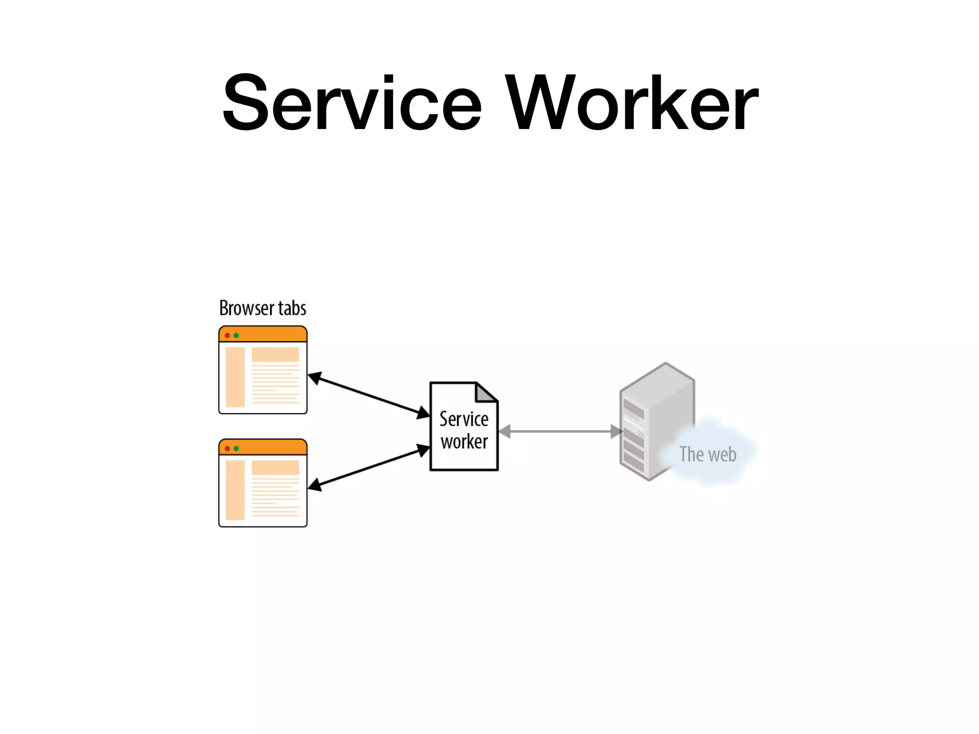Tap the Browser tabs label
point(262,308)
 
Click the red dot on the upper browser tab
point(228,335)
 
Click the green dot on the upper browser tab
point(236,335)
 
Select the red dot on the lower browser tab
point(228,448)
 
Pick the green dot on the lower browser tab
point(236,448)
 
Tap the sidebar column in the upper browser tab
point(235,377)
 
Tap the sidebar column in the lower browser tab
point(235,490)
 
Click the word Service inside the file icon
point(464,419)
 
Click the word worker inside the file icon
point(464,442)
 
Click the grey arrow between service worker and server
point(560,432)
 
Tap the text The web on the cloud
point(707,454)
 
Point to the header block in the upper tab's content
point(275,355)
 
